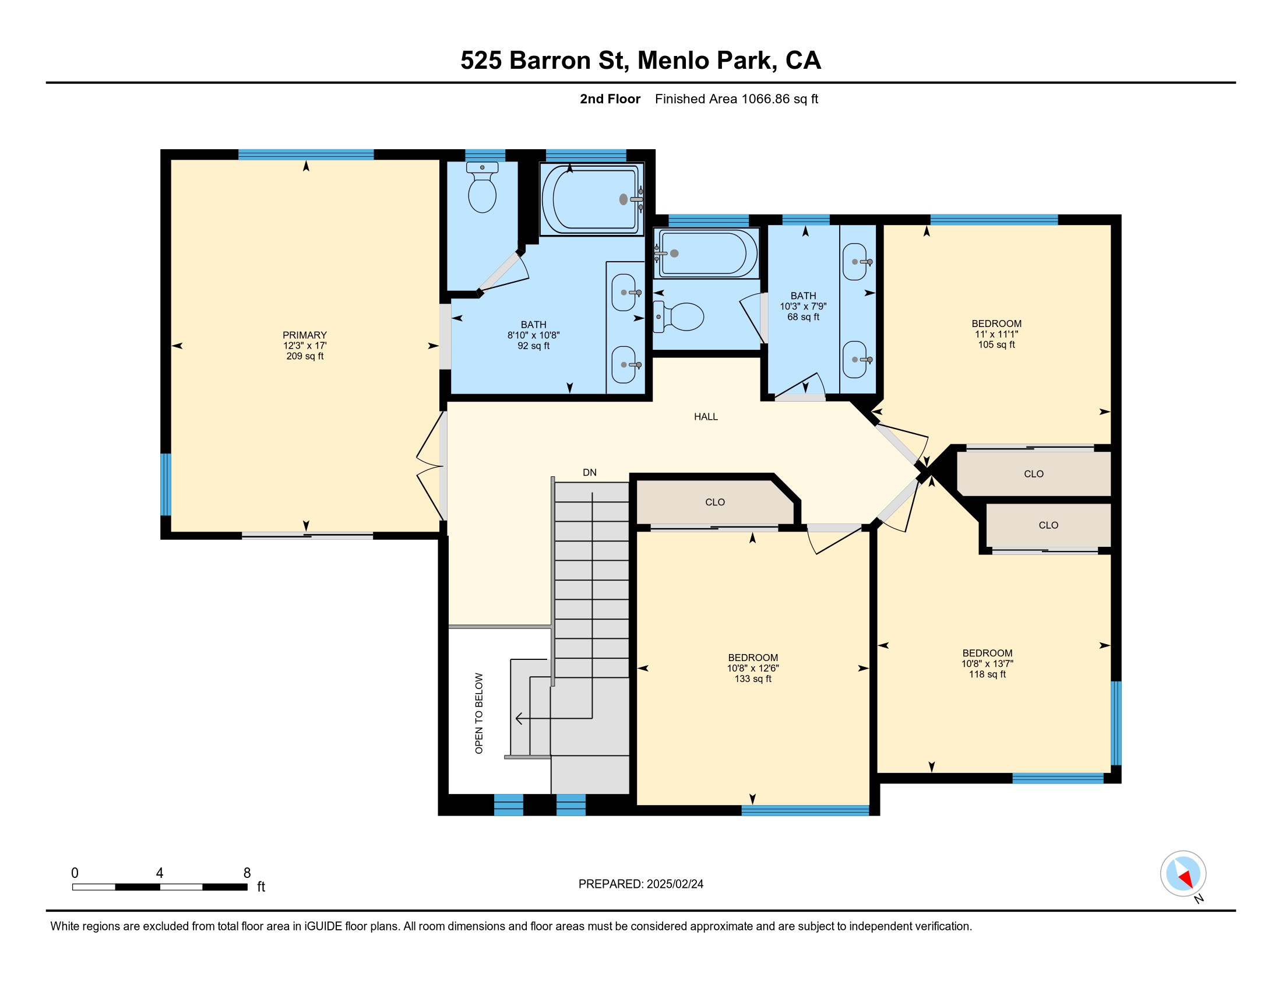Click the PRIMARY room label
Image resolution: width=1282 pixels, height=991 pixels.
click(x=304, y=335)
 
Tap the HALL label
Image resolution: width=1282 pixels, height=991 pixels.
click(x=706, y=417)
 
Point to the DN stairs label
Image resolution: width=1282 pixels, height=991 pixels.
click(x=589, y=473)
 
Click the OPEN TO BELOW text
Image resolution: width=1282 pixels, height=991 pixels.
click(x=479, y=714)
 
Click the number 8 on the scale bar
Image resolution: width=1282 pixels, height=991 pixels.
click(x=247, y=873)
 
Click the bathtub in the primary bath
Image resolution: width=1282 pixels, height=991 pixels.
click(x=591, y=199)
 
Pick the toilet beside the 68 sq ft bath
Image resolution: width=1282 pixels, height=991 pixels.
click(x=678, y=317)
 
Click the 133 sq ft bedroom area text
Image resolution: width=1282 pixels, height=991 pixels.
click(x=752, y=679)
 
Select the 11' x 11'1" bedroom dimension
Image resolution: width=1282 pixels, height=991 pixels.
click(x=996, y=334)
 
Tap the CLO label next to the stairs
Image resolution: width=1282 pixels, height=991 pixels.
click(x=715, y=502)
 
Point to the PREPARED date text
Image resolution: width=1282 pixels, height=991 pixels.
click(x=640, y=884)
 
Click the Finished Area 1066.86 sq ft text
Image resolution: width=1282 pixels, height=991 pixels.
click(x=736, y=99)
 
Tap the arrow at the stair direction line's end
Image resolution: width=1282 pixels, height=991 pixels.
click(x=519, y=718)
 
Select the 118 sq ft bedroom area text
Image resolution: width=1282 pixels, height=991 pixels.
click(x=987, y=674)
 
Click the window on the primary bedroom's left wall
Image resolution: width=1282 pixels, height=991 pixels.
click(x=166, y=484)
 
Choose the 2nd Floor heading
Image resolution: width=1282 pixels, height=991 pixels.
click(x=610, y=99)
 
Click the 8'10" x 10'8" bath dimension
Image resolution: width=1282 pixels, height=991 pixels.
click(x=533, y=335)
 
